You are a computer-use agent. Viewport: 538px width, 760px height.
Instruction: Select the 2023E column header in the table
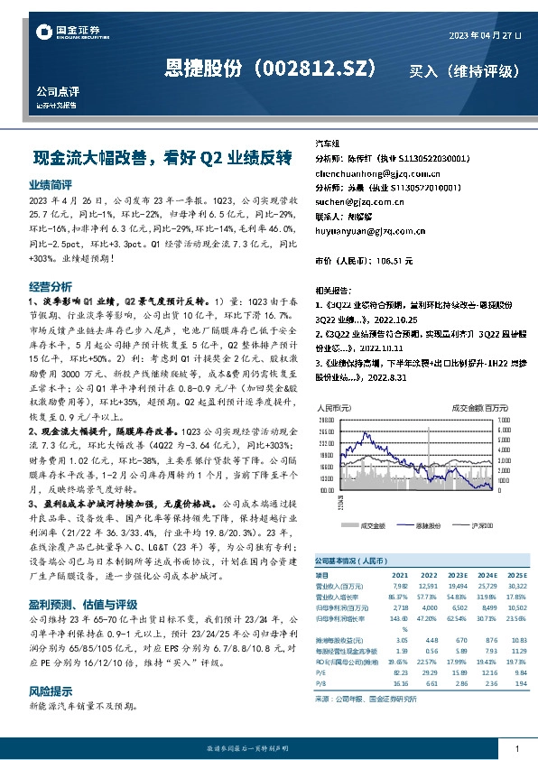[x=457, y=574]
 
